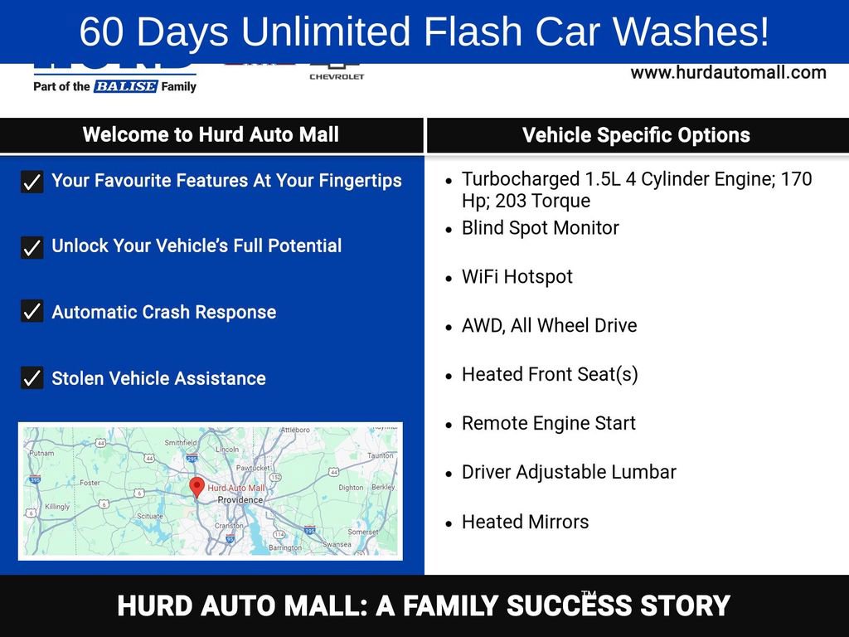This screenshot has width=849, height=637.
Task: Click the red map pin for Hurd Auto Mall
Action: point(196,487)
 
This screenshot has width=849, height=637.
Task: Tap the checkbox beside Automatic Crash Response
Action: point(32,312)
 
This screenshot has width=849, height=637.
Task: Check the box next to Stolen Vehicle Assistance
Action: point(32,378)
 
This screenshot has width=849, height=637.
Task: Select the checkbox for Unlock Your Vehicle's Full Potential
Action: point(32,246)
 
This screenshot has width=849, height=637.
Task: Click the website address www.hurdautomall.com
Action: point(728,72)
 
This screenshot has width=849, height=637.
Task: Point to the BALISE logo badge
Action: point(124,86)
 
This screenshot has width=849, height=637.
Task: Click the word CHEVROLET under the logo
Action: point(337,76)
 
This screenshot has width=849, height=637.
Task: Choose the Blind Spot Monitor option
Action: point(540,228)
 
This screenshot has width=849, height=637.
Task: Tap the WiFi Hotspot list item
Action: point(517,277)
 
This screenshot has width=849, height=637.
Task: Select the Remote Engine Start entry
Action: point(548,423)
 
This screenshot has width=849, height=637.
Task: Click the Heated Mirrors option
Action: point(525,522)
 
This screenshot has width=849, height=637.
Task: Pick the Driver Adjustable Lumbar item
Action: point(569,472)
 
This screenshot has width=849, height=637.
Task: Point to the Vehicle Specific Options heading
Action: point(636,135)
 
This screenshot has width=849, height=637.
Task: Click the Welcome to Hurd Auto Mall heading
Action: point(211,135)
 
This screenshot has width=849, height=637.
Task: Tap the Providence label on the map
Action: point(240,500)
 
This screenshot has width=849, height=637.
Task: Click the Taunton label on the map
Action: point(380,455)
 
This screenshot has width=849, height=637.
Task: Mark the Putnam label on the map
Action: point(41,454)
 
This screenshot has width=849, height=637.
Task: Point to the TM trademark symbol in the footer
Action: point(589,593)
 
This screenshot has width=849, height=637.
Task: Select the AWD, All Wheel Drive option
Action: point(549,325)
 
